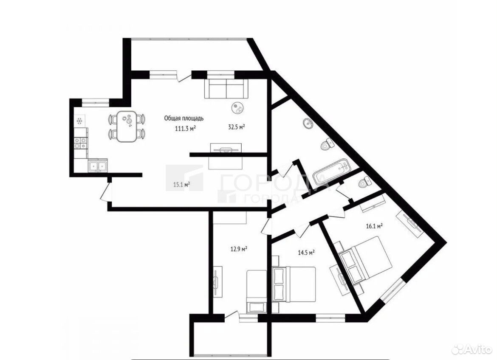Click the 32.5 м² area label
pyautogui.click(x=237, y=127)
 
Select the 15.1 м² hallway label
pyautogui.click(x=181, y=184)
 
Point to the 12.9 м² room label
pyautogui.click(x=239, y=249)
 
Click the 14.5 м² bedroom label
pyautogui.click(x=306, y=253)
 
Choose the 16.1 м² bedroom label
pyautogui.click(x=374, y=226)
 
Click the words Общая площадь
pyautogui.click(x=184, y=118)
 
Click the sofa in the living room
pyautogui.click(x=226, y=88)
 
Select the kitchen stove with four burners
pyautogui.click(x=80, y=143)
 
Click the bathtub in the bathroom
pyautogui.click(x=331, y=173)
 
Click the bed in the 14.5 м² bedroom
pyautogui.click(x=295, y=284)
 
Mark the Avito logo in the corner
pyautogui.click(x=471, y=349)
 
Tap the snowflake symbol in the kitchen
pyautogui.click(x=79, y=121)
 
